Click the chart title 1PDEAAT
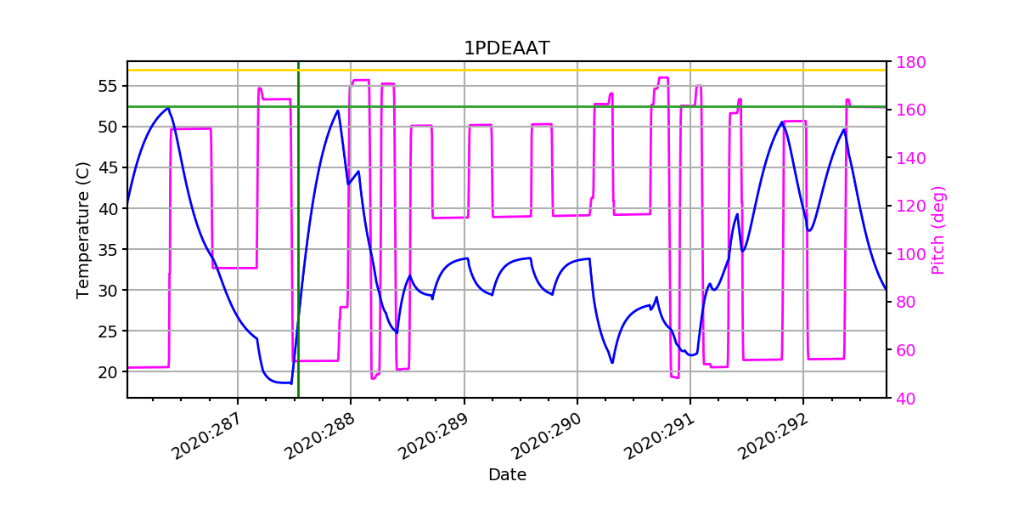click(506, 48)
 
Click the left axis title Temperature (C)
click(83, 229)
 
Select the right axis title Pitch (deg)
click(937, 229)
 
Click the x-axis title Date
click(507, 475)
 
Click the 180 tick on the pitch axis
click(911, 62)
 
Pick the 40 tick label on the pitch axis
click(907, 398)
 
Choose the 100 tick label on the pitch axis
click(911, 254)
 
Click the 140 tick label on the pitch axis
click(911, 158)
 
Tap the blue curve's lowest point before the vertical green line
click(291, 383)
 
